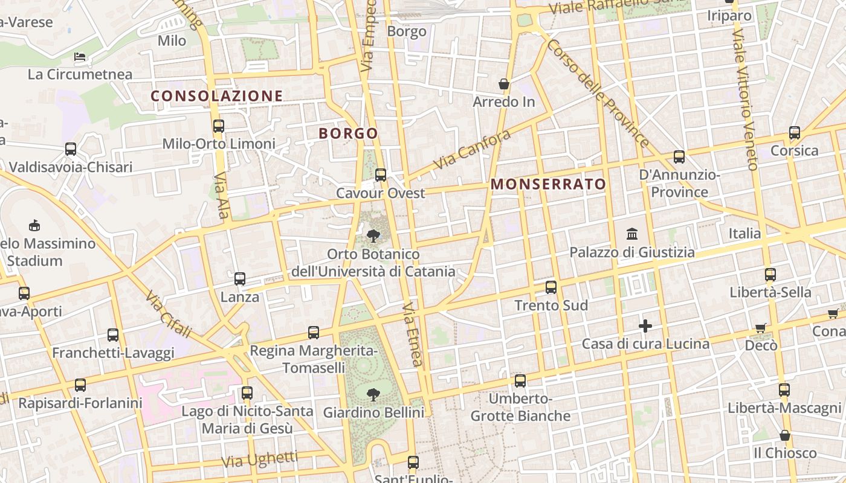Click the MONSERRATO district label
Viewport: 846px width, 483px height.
[548, 184]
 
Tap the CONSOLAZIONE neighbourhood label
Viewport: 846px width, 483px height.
[216, 96]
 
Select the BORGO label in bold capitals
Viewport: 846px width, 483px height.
[348, 133]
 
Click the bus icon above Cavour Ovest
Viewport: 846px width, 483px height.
[381, 175]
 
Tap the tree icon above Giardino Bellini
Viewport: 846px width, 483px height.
[373, 395]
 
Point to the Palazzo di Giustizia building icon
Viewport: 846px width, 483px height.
[632, 234]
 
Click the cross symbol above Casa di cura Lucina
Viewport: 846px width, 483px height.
[645, 327]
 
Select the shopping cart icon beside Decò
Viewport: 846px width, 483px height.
[761, 328]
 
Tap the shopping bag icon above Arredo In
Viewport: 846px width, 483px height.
[504, 84]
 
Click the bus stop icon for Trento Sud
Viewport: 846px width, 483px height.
[551, 287]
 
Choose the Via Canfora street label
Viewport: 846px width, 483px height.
[472, 149]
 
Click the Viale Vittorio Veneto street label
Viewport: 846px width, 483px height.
[744, 100]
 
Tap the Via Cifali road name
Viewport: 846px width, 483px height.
[169, 314]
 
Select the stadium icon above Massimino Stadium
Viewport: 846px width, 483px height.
[34, 226]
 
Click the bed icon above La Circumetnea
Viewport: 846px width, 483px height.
[80, 57]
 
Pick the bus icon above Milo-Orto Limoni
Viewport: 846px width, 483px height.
[219, 126]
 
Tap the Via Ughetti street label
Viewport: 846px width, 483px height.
[259, 460]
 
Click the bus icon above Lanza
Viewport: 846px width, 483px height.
[240, 279]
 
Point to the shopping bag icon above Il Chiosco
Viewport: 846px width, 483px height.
[785, 435]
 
